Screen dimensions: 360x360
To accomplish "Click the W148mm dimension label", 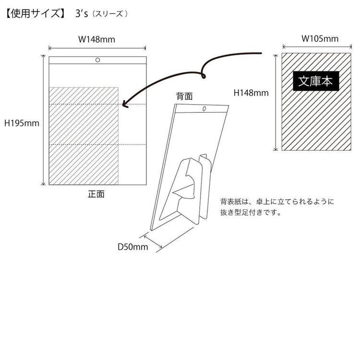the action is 96,39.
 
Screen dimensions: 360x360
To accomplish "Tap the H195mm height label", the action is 22,123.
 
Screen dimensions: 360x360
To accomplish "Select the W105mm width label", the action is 320,38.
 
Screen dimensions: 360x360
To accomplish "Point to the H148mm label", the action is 251,93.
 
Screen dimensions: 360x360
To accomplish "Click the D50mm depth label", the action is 132,247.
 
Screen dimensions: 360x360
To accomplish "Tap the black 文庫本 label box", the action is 316,81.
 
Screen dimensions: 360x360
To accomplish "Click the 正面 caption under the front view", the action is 96,194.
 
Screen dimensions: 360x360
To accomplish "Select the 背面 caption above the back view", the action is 184,96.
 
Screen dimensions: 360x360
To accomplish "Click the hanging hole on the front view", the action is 97,60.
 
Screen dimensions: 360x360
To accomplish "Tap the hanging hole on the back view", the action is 204,109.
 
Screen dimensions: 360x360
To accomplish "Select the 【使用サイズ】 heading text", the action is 36,14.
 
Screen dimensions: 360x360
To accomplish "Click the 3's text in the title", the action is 82,14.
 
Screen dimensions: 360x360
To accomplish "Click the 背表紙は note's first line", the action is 277,202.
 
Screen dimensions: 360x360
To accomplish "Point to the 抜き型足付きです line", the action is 251,212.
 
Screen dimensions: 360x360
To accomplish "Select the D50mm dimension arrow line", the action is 153,241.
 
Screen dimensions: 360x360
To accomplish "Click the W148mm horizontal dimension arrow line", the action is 97,48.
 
